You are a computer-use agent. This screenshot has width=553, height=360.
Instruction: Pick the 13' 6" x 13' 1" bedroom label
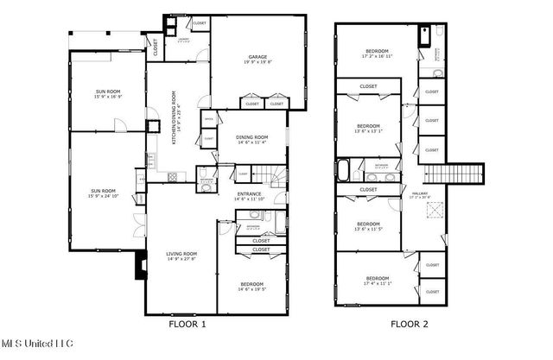coord(369,127)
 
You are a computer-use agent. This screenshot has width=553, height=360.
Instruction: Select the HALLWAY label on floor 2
coord(420,195)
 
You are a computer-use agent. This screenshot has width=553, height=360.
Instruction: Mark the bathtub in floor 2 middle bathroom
coord(344,169)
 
